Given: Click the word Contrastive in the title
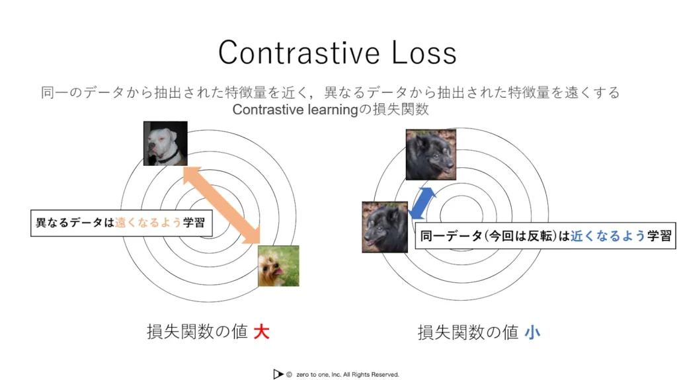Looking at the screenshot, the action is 299,53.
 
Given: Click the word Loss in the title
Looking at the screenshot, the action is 424,53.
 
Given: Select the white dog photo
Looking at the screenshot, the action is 165,143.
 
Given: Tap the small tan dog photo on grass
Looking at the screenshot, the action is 278,266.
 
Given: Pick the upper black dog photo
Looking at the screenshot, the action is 431,155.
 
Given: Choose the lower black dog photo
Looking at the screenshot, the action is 385,227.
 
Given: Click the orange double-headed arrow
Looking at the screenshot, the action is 222,205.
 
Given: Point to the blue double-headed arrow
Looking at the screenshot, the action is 422,204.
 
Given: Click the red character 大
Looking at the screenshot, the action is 262,332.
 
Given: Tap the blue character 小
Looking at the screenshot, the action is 532,332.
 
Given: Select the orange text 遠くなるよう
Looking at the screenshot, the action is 148,223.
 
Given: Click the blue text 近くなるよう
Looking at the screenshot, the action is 608,236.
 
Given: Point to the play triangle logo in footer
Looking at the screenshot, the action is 278,375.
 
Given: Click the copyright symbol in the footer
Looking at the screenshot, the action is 290,375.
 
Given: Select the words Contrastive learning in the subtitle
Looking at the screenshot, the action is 296,110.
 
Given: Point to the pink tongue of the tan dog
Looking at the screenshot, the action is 279,271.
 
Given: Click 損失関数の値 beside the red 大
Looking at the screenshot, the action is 197,332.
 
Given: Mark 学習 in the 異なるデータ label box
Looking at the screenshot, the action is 194,223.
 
